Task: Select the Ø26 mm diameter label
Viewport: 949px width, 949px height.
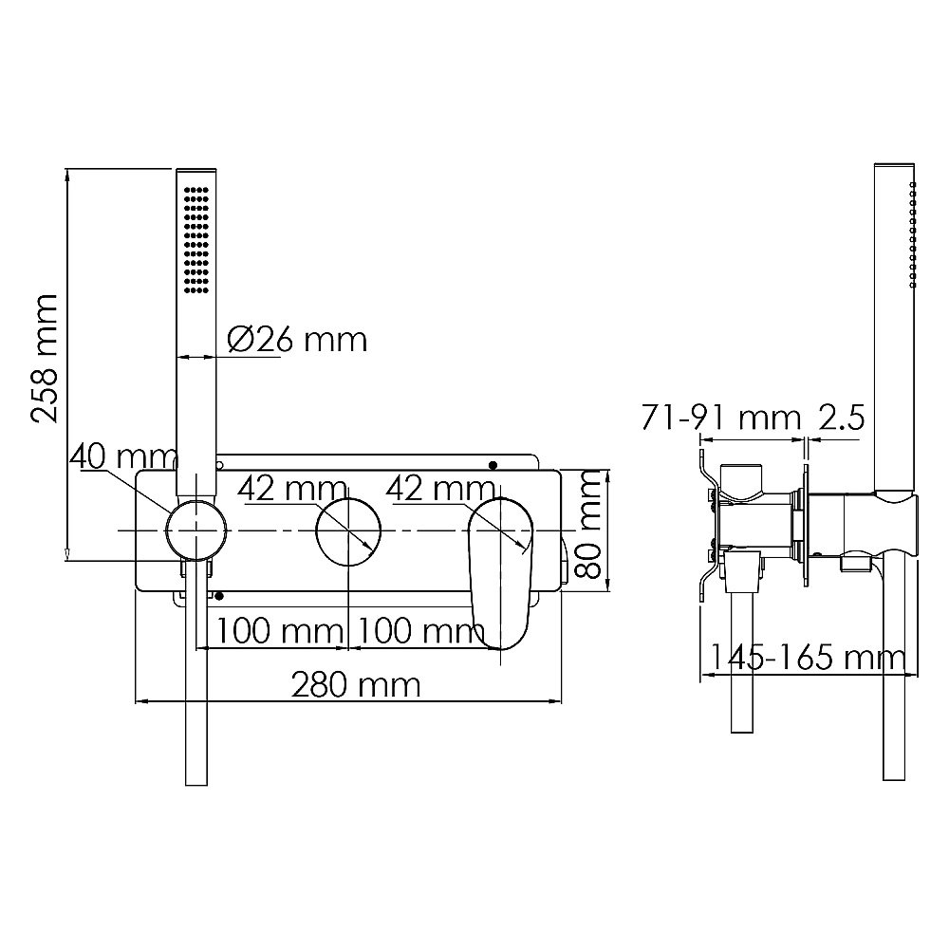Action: click(x=297, y=339)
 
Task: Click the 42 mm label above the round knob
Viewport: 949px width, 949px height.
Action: click(x=291, y=489)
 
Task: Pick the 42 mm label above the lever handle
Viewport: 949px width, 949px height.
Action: click(x=440, y=489)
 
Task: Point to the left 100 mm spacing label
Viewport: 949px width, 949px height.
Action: click(x=276, y=629)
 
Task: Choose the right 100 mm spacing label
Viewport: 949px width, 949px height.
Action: click(x=419, y=629)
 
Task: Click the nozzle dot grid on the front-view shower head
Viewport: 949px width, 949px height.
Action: click(x=197, y=233)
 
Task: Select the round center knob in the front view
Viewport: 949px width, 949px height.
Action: click(x=348, y=529)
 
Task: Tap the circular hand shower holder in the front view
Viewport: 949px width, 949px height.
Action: click(x=196, y=529)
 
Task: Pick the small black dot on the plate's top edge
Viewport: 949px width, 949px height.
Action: click(x=493, y=464)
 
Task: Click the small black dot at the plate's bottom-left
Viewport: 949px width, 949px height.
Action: click(x=220, y=595)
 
